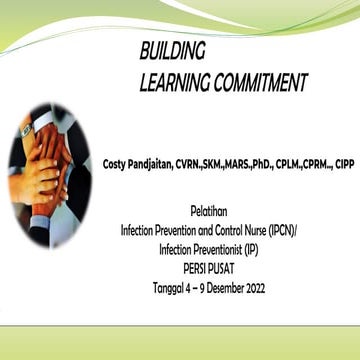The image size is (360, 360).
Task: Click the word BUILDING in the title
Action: click(x=172, y=51)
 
